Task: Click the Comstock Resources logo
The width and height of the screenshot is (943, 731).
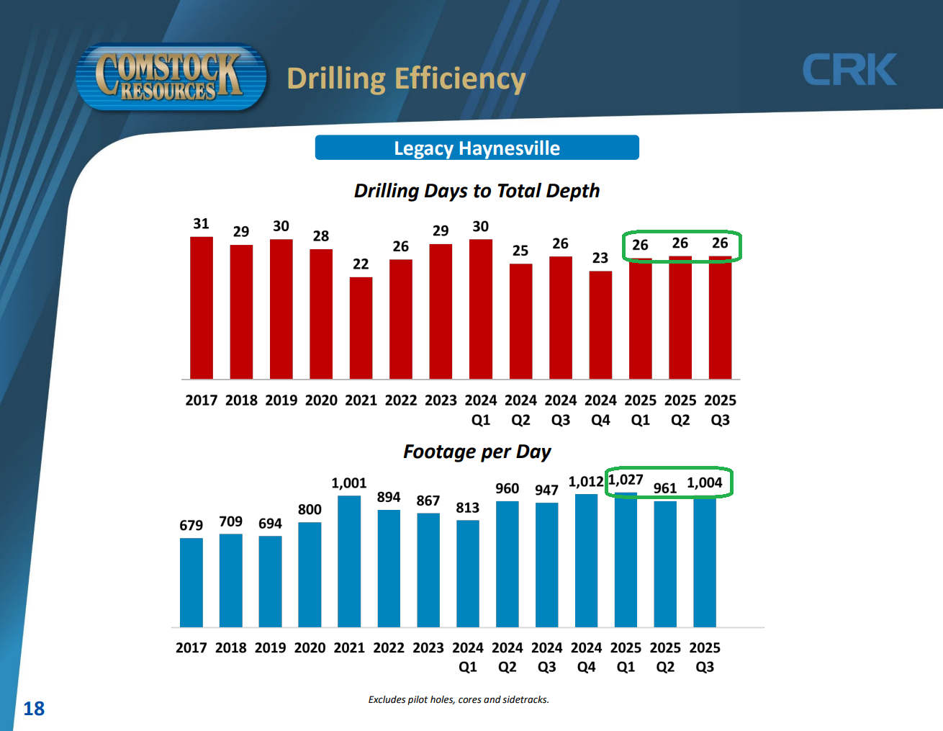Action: [170, 77]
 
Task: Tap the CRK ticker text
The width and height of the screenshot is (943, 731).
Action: [849, 70]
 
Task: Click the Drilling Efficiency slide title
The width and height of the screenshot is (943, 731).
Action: [406, 79]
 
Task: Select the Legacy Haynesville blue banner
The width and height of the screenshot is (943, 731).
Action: [477, 148]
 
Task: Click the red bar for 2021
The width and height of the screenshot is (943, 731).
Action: [361, 328]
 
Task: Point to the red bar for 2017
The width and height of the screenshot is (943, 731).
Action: [202, 308]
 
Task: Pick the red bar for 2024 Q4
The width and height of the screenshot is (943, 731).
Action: [600, 325]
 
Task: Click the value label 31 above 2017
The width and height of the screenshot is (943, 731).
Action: [202, 224]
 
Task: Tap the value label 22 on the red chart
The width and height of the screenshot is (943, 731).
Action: [361, 264]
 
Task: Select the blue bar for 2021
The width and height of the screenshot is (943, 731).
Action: [349, 561]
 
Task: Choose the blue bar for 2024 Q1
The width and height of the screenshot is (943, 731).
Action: [468, 573]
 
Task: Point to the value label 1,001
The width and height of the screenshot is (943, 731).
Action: [349, 483]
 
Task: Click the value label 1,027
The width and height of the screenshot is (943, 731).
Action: [626, 480]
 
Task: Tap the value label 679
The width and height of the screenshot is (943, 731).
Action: [191, 526]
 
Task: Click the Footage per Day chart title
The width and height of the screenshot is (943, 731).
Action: [477, 452]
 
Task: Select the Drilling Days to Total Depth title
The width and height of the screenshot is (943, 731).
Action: [477, 191]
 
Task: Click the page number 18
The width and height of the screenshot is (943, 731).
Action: [34, 709]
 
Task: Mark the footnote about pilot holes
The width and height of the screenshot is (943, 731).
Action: [459, 699]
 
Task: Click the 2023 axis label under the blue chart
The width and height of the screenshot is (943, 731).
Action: [428, 647]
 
